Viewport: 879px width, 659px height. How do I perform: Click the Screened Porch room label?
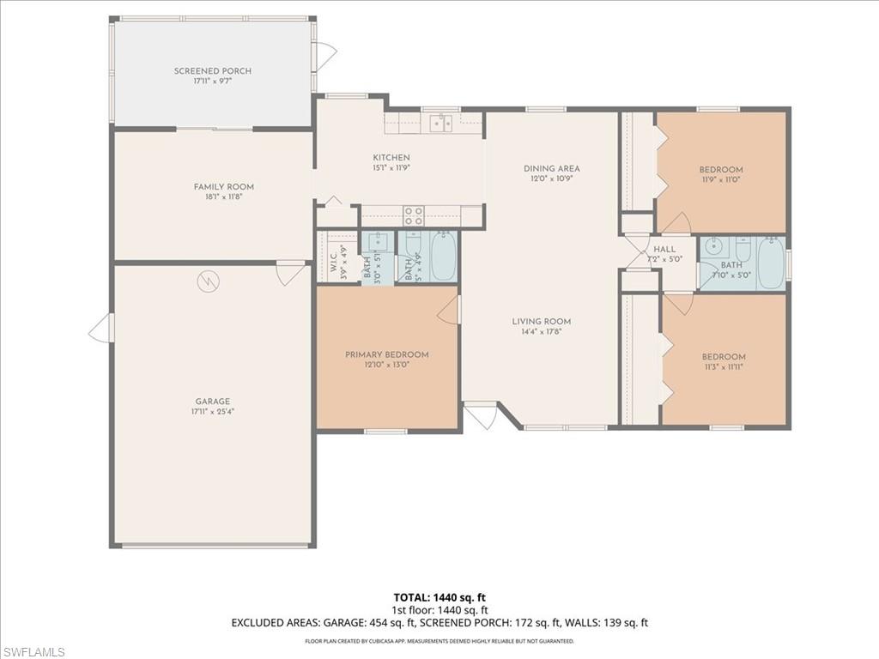213,71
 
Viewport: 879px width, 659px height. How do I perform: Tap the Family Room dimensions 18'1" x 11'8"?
224,197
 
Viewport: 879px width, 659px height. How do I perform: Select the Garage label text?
212,401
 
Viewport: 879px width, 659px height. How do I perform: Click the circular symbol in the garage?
207,280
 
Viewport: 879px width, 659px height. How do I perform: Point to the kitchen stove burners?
414,215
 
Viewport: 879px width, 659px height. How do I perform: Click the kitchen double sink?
441,123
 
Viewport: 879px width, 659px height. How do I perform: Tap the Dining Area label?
552,168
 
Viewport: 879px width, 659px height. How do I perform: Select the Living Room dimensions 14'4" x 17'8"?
542,332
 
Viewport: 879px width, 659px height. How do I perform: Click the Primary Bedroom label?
387,354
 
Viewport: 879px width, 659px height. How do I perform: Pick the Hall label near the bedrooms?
664,249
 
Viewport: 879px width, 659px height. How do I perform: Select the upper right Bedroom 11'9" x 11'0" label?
721,169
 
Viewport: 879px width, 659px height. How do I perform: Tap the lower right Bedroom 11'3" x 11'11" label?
724,356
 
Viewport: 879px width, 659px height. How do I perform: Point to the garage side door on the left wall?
100,328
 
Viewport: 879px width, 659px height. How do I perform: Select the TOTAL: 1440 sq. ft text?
439,597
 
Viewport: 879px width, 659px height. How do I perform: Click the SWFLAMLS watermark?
33,652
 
